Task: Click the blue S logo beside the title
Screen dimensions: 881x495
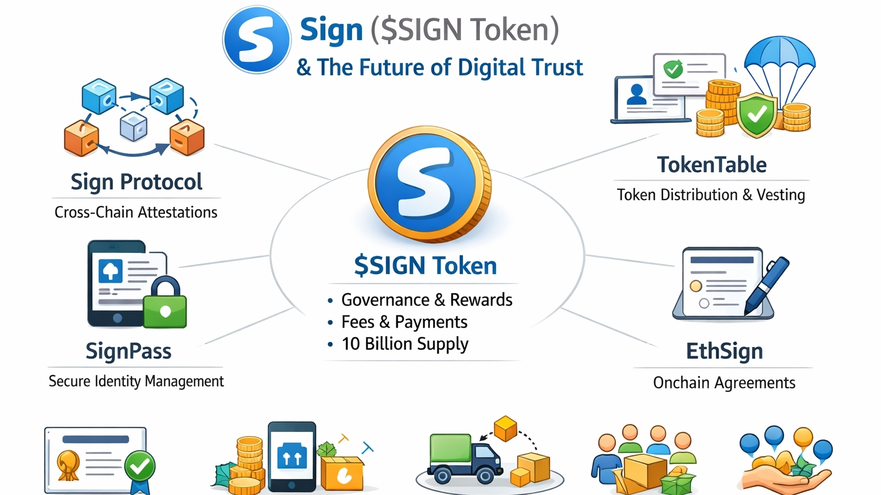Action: click(256, 40)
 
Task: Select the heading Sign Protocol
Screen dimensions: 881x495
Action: click(137, 182)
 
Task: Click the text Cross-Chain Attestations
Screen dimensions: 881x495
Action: click(136, 212)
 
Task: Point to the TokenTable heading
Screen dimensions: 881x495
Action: click(712, 165)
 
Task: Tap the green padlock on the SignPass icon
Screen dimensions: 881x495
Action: click(165, 309)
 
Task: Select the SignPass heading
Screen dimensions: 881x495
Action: click(128, 350)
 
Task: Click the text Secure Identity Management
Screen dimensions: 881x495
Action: click(136, 381)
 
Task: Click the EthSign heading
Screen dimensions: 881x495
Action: click(724, 351)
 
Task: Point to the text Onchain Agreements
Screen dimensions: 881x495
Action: click(724, 383)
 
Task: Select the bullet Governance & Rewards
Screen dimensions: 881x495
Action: click(426, 299)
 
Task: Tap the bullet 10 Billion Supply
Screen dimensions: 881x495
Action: click(405, 344)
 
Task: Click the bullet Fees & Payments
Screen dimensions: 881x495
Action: click(404, 322)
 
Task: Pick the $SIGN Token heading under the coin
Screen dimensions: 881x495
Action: click(425, 266)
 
